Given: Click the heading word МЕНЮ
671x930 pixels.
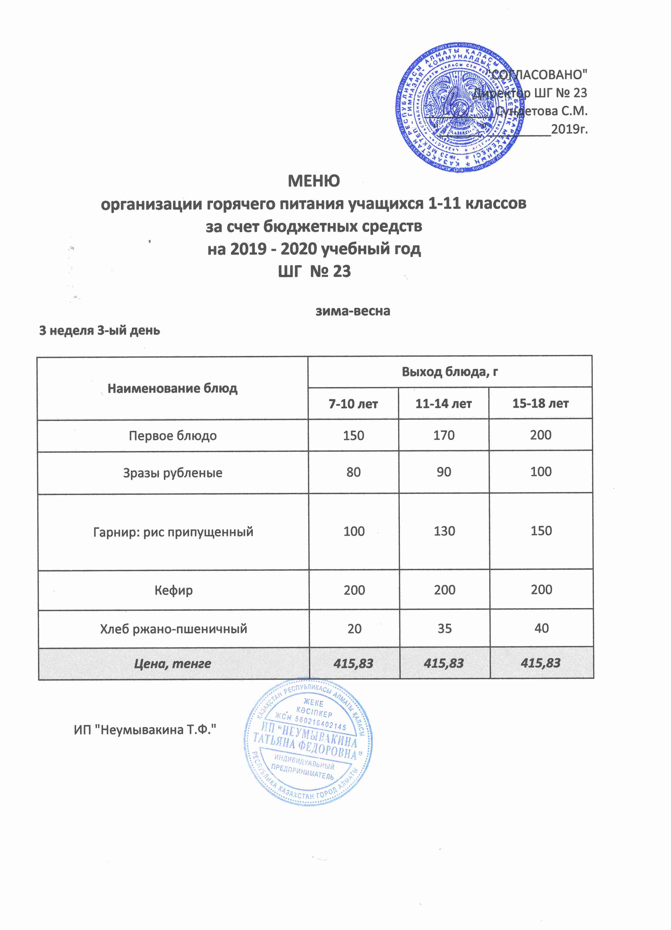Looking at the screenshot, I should (x=314, y=181).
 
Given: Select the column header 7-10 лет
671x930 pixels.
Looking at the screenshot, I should (x=353, y=404).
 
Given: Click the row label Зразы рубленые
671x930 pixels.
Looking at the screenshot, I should (x=173, y=473).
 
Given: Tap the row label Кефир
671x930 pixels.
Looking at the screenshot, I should (x=173, y=590).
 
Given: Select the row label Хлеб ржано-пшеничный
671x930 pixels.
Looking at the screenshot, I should (x=173, y=629).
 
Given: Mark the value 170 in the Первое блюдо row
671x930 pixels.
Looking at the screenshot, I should (x=444, y=435).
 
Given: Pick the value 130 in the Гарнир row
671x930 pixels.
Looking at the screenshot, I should (x=444, y=531).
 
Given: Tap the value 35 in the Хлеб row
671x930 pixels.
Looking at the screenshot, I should (x=444, y=628).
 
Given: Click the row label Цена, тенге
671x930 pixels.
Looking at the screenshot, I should (x=173, y=664).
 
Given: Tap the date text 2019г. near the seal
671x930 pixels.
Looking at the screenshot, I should (x=569, y=129).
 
